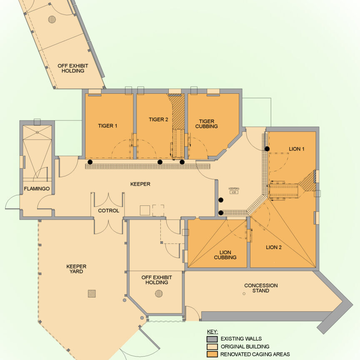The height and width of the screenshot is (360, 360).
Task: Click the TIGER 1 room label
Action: [107, 125]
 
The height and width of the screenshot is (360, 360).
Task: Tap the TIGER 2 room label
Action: [158, 120]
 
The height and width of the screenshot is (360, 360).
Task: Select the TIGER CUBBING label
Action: [206, 123]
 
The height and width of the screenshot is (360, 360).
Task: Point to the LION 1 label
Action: [297, 148]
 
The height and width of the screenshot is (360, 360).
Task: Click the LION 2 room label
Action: [274, 247]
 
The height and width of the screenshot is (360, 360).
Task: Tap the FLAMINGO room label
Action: [37, 189]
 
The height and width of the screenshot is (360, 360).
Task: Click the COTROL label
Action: [109, 210]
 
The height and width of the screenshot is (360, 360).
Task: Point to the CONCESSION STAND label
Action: [261, 288]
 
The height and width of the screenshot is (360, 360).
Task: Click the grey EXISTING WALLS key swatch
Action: [212, 339]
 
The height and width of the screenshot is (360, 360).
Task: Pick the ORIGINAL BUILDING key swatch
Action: [212, 347]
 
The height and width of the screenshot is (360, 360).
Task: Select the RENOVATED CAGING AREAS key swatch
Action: [212, 355]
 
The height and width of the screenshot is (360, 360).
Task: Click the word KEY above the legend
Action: [212, 332]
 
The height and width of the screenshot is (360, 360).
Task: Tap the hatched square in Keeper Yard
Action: [92, 293]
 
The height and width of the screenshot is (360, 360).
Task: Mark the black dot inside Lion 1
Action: [267, 149]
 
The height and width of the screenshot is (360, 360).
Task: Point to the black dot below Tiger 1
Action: [90, 162]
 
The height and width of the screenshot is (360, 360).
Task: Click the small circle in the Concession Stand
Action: [244, 294]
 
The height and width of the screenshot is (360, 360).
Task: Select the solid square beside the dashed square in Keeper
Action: [145, 210]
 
